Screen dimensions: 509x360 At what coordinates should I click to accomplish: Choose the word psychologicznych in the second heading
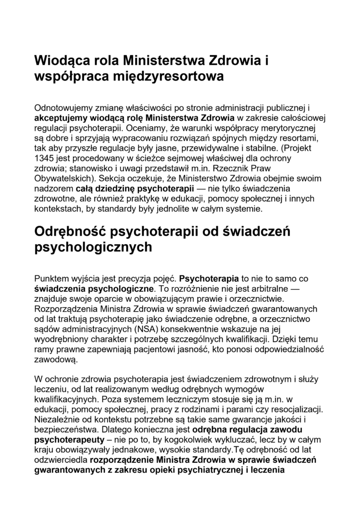pos(93,247)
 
